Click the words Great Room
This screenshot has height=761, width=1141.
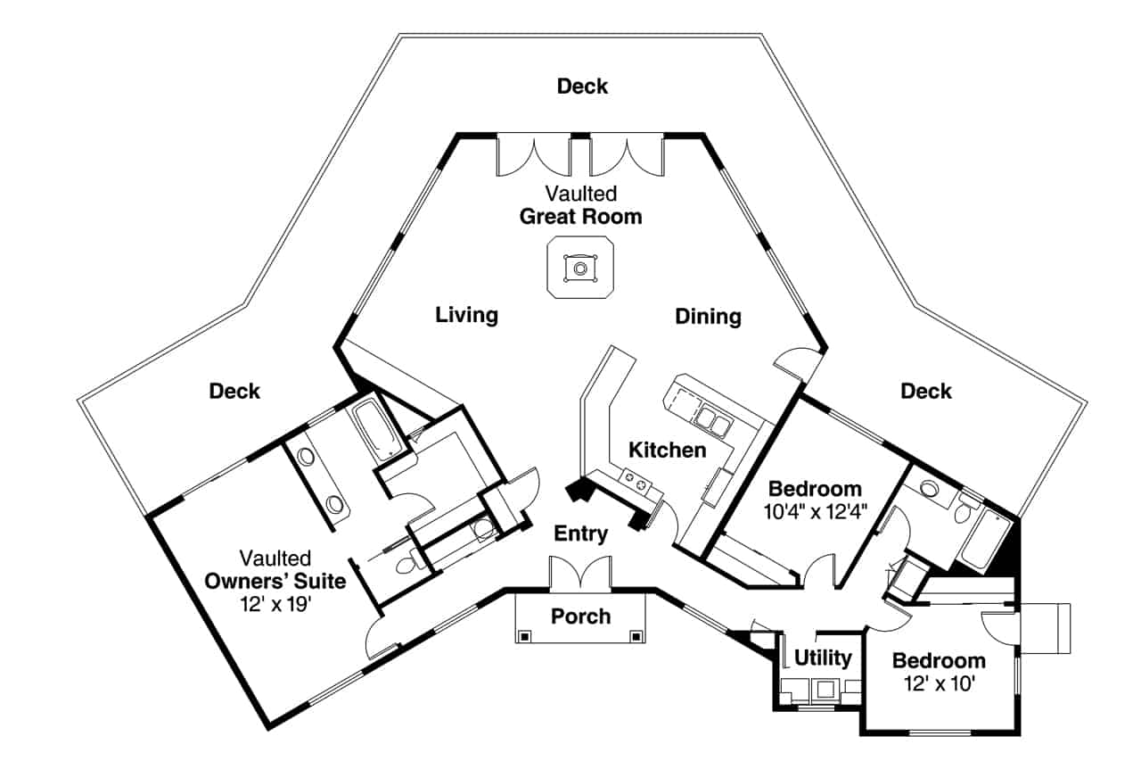(580, 217)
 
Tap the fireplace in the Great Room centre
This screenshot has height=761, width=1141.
(580, 268)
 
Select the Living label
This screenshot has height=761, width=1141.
(466, 315)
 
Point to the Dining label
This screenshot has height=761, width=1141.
(708, 317)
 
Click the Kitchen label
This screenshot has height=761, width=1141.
(667, 450)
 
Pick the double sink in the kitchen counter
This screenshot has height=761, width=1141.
(710, 418)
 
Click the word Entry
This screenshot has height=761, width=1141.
(580, 534)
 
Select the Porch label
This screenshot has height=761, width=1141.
(580, 616)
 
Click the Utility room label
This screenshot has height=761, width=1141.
(823, 658)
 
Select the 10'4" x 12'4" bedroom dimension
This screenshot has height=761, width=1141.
(815, 511)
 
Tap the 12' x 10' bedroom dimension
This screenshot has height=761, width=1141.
(939, 683)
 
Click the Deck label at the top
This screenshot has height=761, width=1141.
(582, 87)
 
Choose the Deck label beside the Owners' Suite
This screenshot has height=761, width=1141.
(234, 391)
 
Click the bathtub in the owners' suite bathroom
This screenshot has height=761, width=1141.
(368, 430)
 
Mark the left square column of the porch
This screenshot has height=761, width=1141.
(525, 636)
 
